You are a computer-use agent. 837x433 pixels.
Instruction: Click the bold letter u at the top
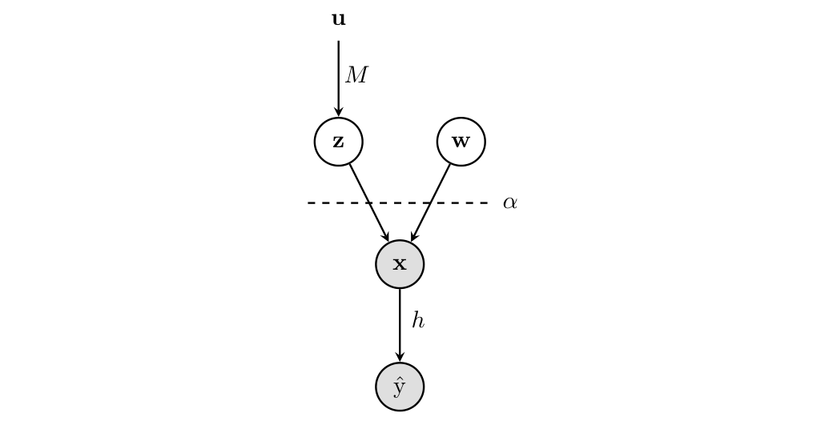tap(338, 19)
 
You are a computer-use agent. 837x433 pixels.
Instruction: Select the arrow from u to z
tap(338, 76)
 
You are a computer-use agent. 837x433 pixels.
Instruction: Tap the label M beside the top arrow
tap(356, 75)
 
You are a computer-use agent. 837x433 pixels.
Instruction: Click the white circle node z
tap(338, 142)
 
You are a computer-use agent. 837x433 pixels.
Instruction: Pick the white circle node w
tap(461, 142)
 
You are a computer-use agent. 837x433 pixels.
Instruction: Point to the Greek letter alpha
tap(509, 203)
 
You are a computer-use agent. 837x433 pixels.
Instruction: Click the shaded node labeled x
tap(400, 264)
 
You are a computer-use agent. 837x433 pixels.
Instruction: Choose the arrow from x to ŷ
tap(400, 324)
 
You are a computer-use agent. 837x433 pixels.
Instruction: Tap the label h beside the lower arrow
tap(417, 321)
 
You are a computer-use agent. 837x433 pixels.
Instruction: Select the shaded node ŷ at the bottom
tap(400, 387)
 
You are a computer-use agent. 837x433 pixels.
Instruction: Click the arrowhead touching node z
tap(338, 113)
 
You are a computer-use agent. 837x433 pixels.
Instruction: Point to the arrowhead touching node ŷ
tap(400, 358)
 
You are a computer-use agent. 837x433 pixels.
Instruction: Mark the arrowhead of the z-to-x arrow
tap(386, 237)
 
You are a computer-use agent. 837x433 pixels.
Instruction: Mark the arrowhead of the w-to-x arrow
tap(413, 237)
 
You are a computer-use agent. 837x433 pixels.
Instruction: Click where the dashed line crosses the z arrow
tap(369, 203)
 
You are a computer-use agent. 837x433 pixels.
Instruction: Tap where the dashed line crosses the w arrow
tap(430, 203)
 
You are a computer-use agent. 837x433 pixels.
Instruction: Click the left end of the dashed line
tap(309, 203)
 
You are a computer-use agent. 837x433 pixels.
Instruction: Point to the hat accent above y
tap(399, 378)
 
